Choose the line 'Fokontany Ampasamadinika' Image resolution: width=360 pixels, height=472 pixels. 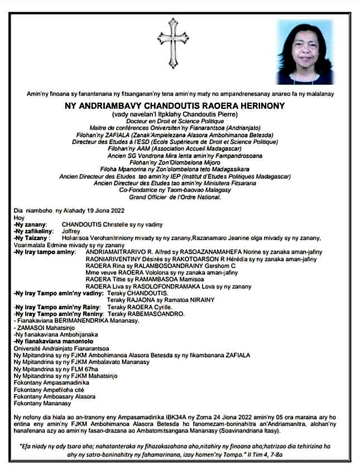pyautogui.click(x=51, y=383)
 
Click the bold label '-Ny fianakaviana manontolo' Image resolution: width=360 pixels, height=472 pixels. pyautogui.click(x=54, y=341)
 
